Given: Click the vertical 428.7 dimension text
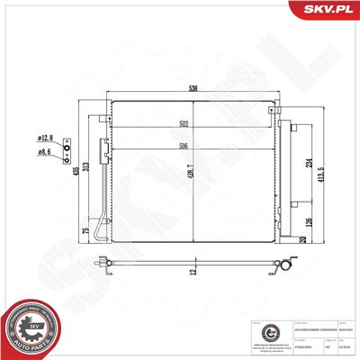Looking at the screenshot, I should [x=190, y=170].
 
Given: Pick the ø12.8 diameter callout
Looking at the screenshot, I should [x=46, y=138].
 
